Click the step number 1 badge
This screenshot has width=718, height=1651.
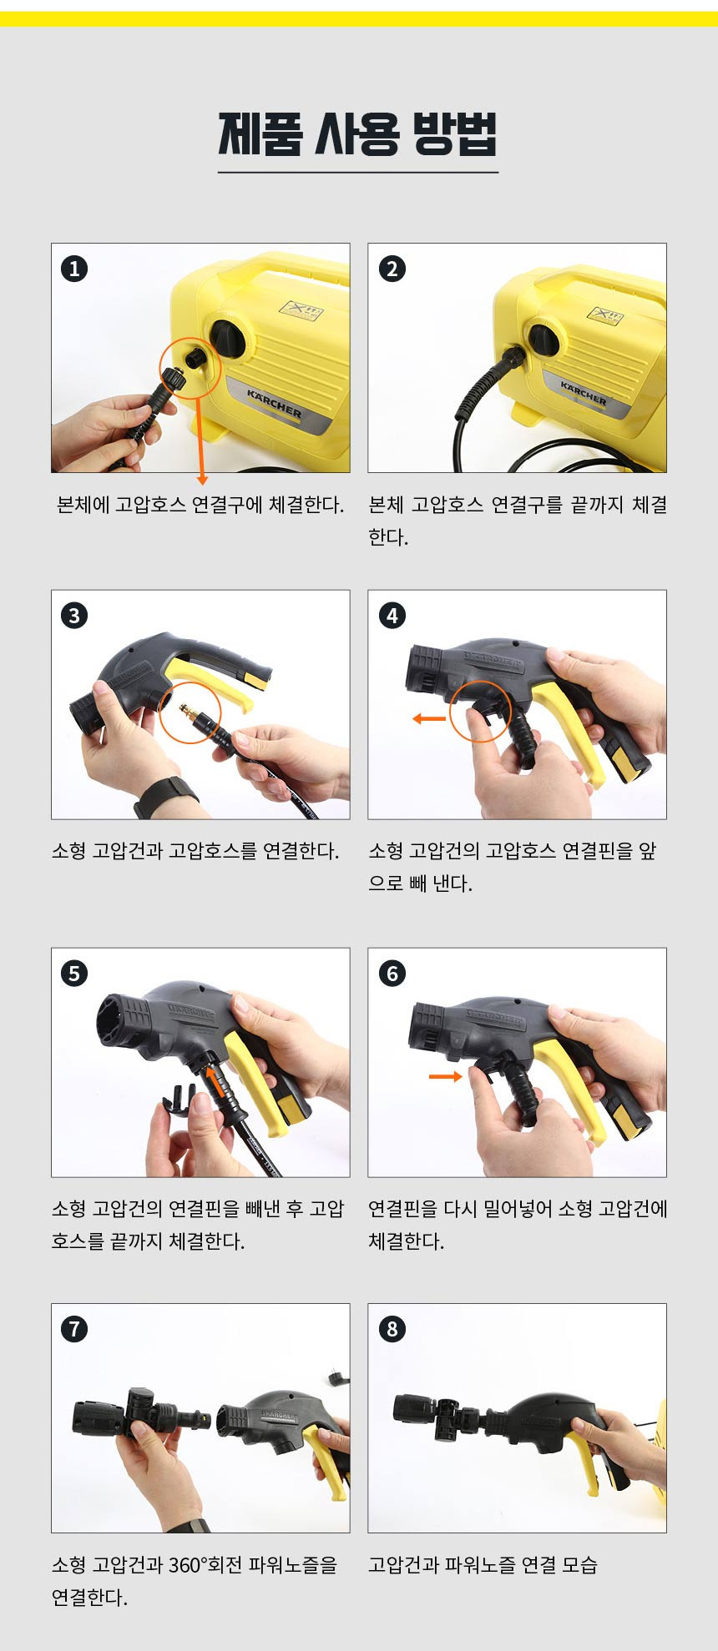pyautogui.click(x=74, y=269)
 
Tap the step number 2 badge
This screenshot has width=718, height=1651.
pyautogui.click(x=392, y=269)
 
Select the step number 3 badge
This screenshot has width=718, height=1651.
pyautogui.click(x=74, y=616)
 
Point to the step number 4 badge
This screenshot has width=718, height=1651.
pyautogui.click(x=392, y=616)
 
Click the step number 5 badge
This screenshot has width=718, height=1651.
pyautogui.click(x=74, y=973)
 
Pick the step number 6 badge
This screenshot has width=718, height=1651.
pyautogui.click(x=392, y=973)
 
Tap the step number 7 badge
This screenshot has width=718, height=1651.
pyautogui.click(x=74, y=1328)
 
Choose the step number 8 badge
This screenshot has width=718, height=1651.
pyautogui.click(x=392, y=1328)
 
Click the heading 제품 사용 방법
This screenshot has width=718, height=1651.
pyautogui.click(x=358, y=133)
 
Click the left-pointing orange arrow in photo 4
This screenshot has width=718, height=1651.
pyautogui.click(x=429, y=718)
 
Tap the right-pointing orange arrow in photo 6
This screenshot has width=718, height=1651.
pyautogui.click(x=445, y=1076)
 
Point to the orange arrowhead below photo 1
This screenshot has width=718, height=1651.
pyautogui.click(x=201, y=480)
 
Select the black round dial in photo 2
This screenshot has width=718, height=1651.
pyautogui.click(x=544, y=340)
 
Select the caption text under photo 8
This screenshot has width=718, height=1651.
pyautogui.click(x=483, y=1565)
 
